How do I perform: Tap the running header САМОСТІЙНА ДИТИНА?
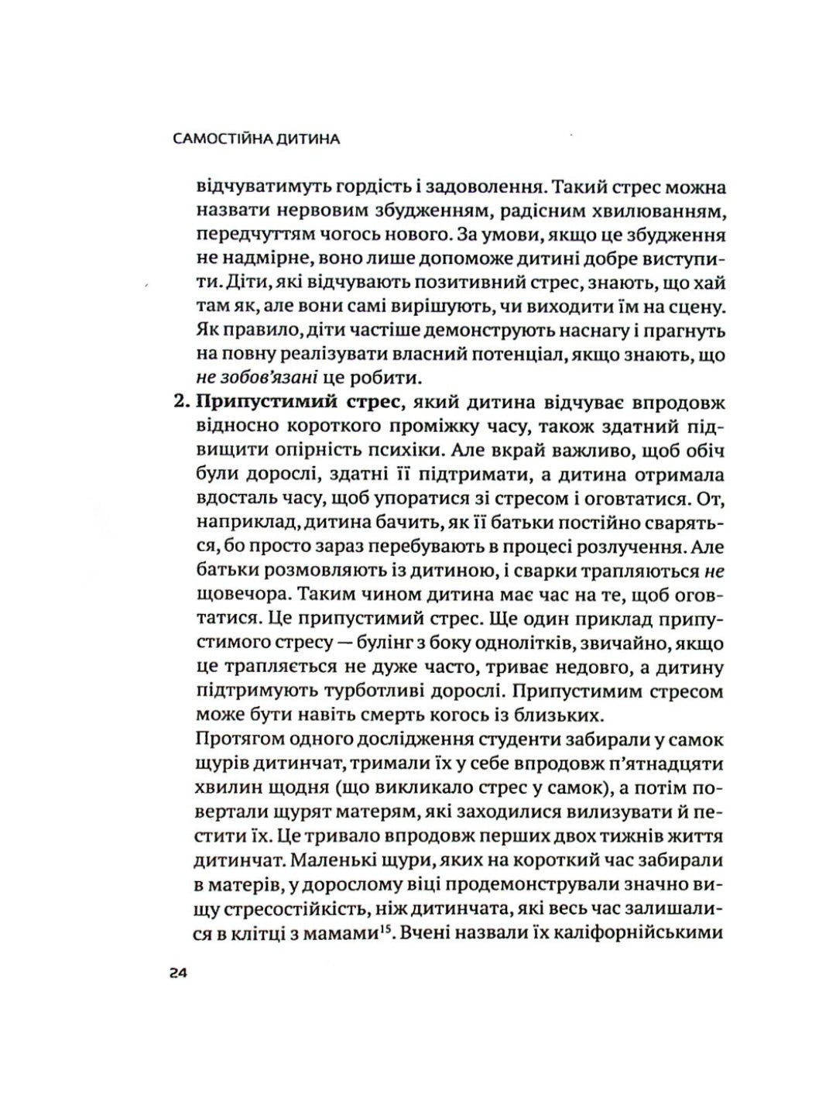248,140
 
